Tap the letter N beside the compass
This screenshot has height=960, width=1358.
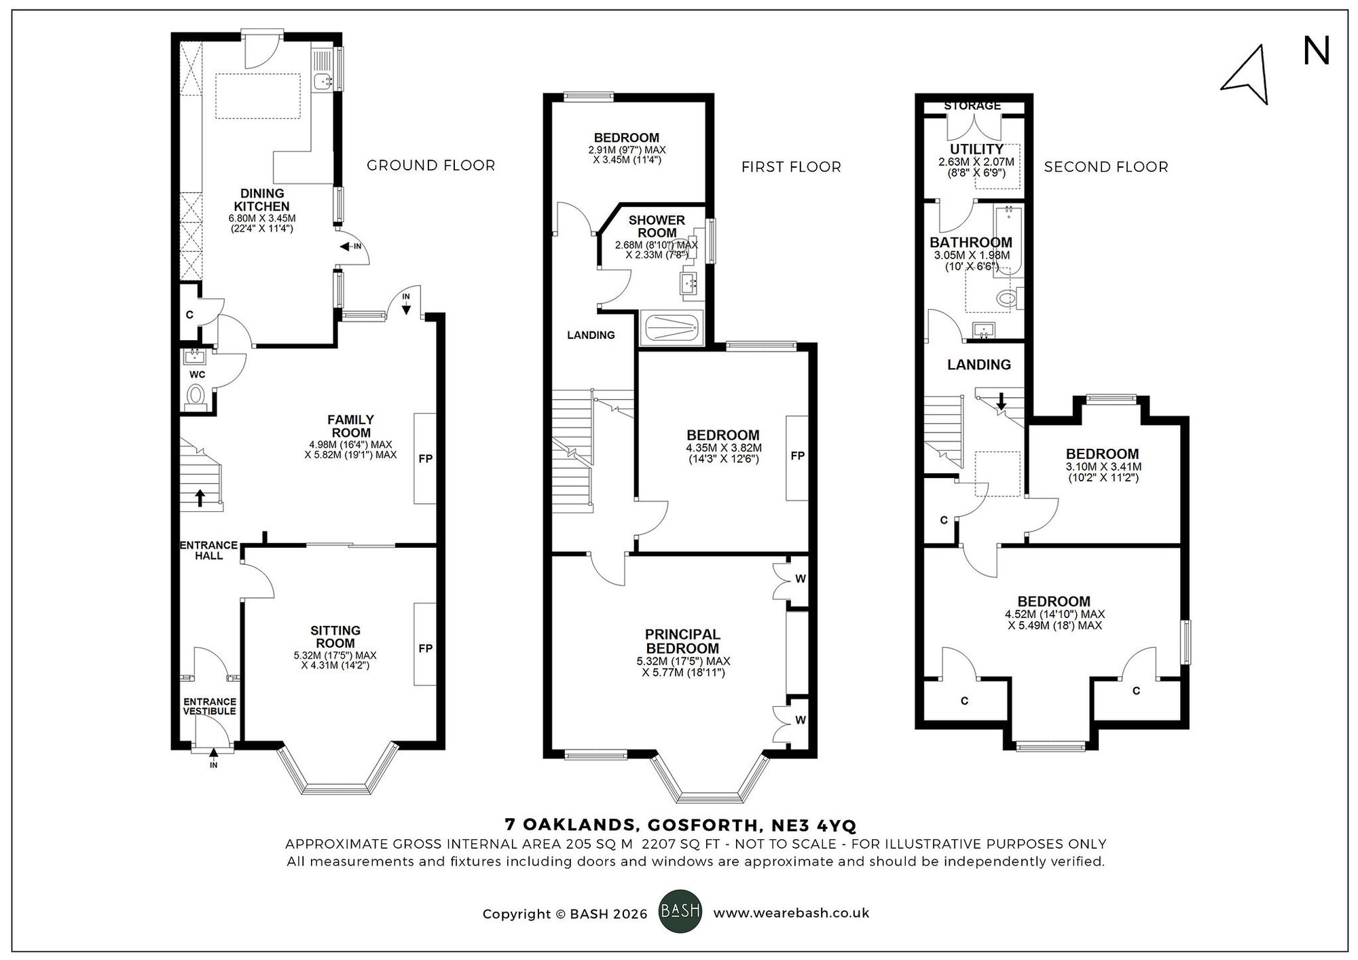[x=1316, y=52]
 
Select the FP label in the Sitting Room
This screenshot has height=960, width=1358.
[x=425, y=648]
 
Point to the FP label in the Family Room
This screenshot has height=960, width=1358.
[x=425, y=458]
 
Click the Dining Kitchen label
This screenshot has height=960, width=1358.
[x=262, y=200]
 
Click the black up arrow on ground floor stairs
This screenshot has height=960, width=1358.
[x=200, y=498]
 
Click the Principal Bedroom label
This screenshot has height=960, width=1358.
[x=682, y=641]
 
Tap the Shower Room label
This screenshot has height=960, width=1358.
[x=657, y=226]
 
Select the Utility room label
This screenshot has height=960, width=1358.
[x=976, y=149]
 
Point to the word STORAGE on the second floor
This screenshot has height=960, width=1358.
[x=972, y=106]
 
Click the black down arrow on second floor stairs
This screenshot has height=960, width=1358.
[x=1002, y=402]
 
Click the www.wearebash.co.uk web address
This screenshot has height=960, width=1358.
[x=791, y=913]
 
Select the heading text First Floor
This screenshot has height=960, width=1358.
[x=791, y=167]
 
